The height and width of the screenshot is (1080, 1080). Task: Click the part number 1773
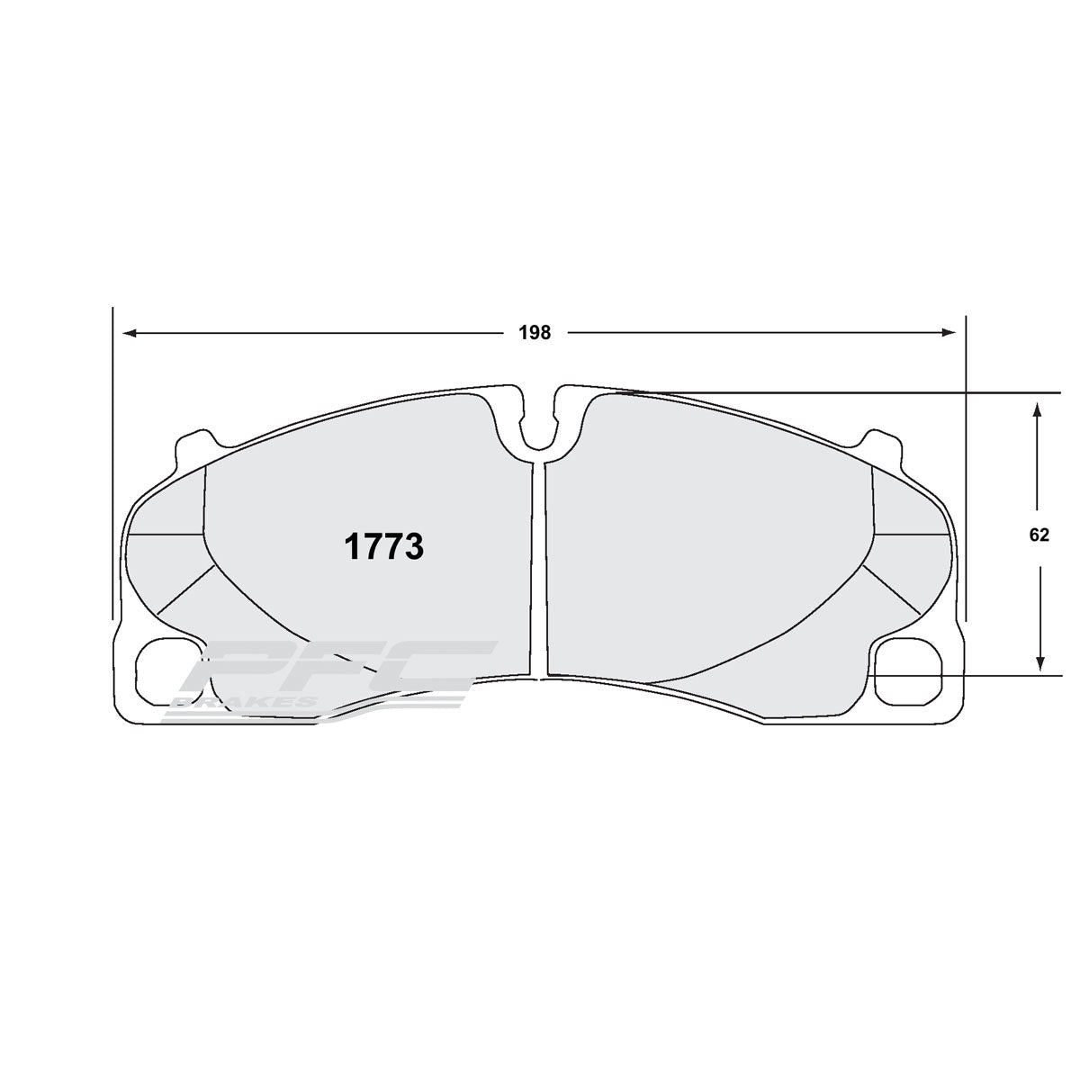click(x=383, y=546)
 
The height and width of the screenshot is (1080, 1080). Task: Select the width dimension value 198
click(x=534, y=332)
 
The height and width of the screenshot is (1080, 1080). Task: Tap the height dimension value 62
click(x=1039, y=535)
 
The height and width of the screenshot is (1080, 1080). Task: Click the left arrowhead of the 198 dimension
click(x=130, y=333)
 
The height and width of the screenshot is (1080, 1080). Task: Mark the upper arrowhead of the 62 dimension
click(x=1039, y=409)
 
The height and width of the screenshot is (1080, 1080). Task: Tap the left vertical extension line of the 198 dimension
click(x=112, y=450)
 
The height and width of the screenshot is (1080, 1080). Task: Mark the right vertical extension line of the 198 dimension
click(x=965, y=450)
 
